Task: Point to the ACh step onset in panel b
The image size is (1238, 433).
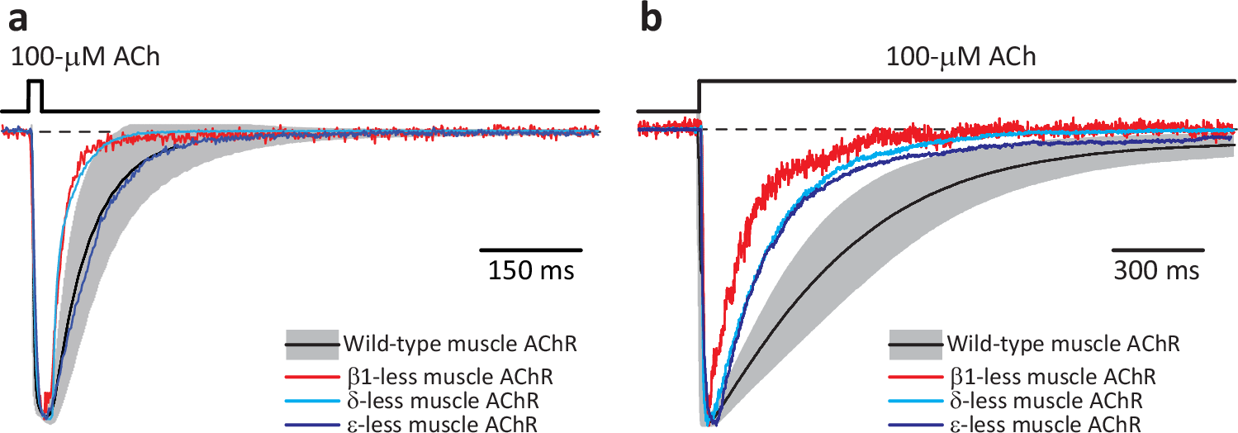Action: coord(700,95)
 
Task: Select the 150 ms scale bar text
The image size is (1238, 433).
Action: coord(532,270)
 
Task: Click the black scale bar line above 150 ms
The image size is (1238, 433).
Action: coord(532,249)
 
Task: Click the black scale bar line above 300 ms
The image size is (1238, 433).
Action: coord(1157,249)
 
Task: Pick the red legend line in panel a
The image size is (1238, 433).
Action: coord(311,378)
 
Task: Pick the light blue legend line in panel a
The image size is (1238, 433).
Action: coord(311,402)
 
